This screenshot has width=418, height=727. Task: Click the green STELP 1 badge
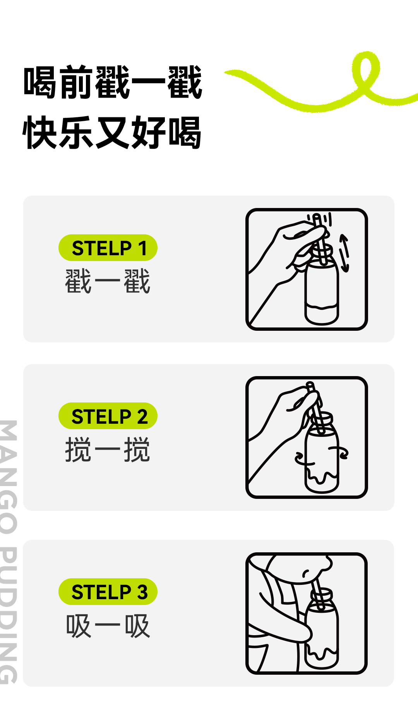click(x=108, y=248)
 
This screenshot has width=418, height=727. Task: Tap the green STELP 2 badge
click(x=108, y=416)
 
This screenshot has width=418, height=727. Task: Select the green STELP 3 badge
click(x=108, y=592)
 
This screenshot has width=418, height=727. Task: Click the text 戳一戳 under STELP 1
click(x=108, y=282)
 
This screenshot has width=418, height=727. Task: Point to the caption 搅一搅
click(x=108, y=450)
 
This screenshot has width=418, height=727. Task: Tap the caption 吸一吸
click(x=108, y=626)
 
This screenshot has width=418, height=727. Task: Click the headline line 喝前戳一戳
click(x=113, y=82)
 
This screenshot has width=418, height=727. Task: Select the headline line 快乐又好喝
click(x=112, y=132)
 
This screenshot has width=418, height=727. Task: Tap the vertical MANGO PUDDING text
click(x=9, y=552)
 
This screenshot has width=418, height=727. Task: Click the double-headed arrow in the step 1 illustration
click(x=344, y=253)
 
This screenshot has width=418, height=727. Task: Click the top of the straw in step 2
click(x=310, y=385)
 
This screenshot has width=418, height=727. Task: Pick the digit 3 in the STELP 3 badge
click(x=142, y=592)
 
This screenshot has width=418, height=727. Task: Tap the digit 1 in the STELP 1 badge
click(x=142, y=248)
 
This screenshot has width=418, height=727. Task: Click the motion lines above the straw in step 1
click(x=320, y=218)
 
